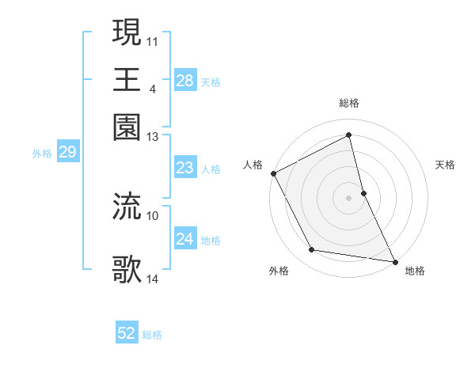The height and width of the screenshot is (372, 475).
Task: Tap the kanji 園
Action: coord(127,127)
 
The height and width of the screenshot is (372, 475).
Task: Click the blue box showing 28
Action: coord(184,80)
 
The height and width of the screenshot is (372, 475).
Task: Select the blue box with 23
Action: coord(184,168)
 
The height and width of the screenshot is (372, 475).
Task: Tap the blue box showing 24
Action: coord(184,239)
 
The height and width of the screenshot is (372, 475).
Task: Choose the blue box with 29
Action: coord(67,153)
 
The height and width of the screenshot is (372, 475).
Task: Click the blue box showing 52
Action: coord(126,334)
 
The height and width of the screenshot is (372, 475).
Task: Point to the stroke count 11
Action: coord(153,40)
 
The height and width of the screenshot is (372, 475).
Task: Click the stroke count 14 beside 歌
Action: coord(153,279)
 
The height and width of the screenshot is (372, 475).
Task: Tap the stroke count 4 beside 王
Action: coord(152,88)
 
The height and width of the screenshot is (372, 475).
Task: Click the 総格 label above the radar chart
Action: coord(349,103)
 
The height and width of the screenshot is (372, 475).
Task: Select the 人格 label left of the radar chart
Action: coord(253,165)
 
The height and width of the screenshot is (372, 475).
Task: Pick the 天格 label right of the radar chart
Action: coord(446,165)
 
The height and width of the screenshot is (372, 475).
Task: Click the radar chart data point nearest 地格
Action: coord(394,260)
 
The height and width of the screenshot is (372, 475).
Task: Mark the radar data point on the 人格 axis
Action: coord(273,173)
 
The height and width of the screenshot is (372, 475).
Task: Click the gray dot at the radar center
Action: coord(349,198)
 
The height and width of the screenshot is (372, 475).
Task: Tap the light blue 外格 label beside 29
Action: coord(41,154)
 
